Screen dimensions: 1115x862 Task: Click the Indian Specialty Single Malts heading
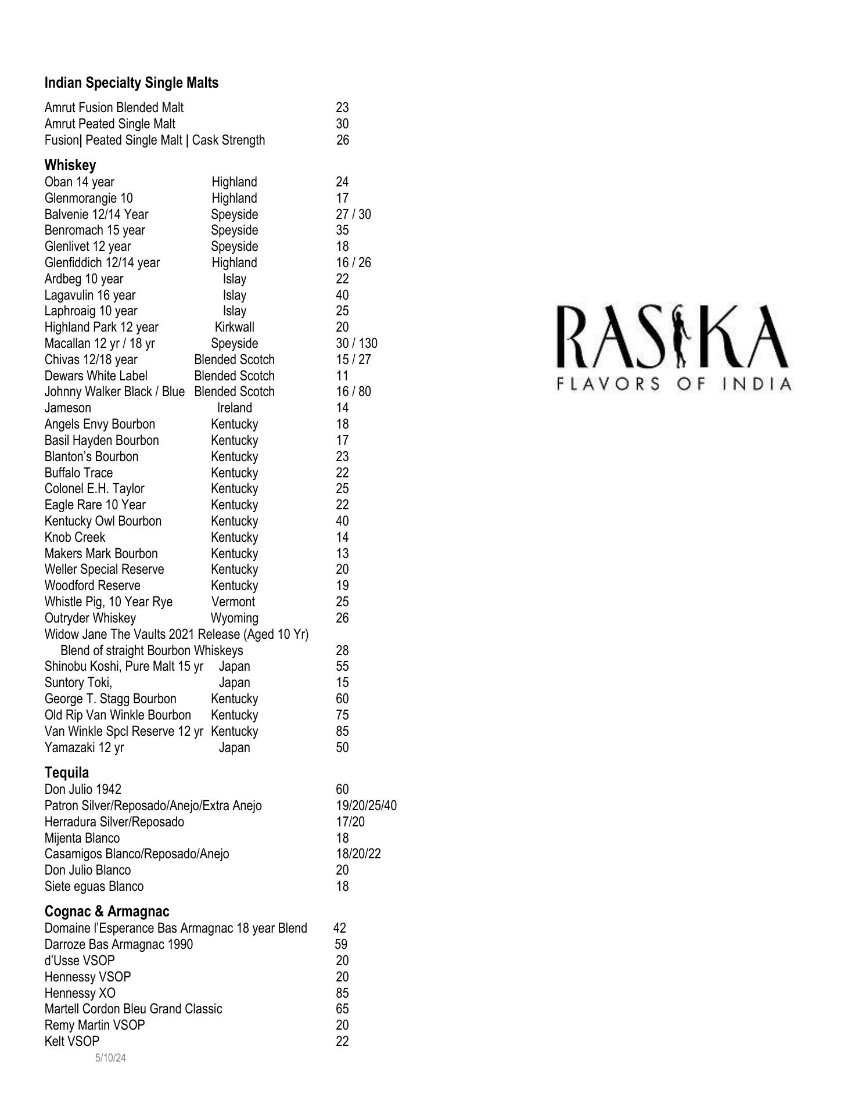[131, 83]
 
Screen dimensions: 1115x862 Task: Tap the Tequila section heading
[67, 772]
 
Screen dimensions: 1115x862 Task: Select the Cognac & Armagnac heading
[107, 911]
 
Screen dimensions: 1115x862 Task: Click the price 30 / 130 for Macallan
[356, 343]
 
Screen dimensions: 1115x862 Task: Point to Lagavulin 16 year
[90, 295]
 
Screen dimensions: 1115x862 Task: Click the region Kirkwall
[234, 327]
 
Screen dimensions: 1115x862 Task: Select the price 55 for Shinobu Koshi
[342, 666]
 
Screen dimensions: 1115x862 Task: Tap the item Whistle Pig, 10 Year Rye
[109, 602]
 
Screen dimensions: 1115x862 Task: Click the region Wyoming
[234, 618]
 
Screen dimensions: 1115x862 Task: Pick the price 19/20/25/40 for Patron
[366, 805]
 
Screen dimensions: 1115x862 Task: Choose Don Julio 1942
[83, 789]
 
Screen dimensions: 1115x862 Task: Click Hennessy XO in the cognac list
[80, 993]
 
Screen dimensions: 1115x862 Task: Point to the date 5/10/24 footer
[110, 1058]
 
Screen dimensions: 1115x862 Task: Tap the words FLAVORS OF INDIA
[674, 384]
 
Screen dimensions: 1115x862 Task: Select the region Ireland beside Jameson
[234, 408]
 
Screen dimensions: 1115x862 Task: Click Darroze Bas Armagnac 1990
[118, 944]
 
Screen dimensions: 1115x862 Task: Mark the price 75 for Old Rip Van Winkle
[342, 715]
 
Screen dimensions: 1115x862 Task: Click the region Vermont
[233, 602]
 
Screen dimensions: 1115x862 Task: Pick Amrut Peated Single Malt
[110, 124]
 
